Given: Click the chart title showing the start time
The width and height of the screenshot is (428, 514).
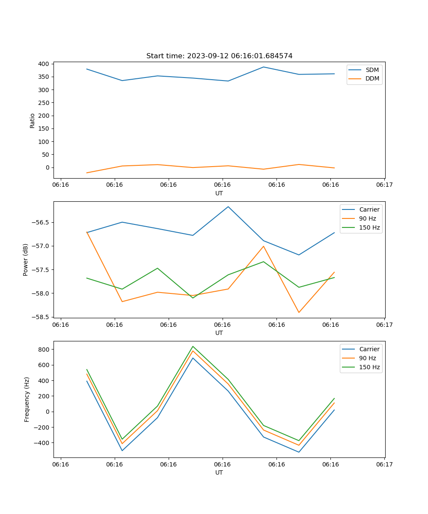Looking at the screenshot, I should pos(219,56).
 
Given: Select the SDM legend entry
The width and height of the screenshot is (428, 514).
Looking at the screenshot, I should pos(372,70).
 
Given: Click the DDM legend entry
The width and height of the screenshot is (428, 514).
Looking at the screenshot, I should pos(372,79).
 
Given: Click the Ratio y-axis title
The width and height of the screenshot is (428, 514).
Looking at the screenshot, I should pos(33,120).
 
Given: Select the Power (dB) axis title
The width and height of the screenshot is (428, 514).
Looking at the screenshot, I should pos(26,260).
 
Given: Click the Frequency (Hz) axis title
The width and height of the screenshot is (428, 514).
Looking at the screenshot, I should pos(27,399).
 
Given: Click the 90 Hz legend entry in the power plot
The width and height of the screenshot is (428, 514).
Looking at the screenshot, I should pos(368,218).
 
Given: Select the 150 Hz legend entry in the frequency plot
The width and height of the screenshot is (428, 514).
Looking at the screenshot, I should pos(369,367).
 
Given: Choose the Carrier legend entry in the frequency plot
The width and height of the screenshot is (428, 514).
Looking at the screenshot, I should pos(369,349).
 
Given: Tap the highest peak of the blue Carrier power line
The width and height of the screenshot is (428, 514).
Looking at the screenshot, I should pos(228,206).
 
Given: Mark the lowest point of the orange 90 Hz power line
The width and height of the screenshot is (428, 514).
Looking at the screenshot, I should pos(299,313).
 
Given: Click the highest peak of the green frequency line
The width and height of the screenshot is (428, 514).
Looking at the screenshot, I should pos(193,347).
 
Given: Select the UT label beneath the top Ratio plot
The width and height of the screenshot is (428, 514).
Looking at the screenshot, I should pos(219,193).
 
